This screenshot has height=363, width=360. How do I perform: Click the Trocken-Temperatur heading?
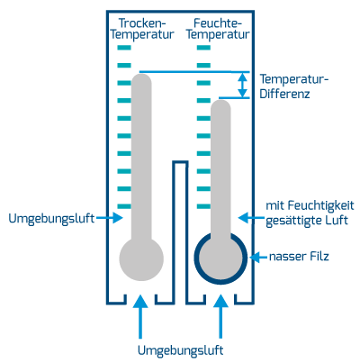pos(142,29)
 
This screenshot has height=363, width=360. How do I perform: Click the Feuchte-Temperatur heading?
pos(218,29)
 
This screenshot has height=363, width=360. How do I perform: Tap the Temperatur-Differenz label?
pos(294,86)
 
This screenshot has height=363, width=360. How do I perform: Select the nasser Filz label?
pos(299,257)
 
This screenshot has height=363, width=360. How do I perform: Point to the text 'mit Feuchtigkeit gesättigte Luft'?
pos(310,213)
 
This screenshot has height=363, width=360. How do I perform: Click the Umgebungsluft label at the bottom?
pos(180,350)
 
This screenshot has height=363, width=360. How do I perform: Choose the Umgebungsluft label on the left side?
pos(51,218)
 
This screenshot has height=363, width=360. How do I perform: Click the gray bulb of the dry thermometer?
pos(141,259)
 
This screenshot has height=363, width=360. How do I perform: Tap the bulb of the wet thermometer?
pos(220,259)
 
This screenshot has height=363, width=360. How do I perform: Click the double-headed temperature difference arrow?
pos(242,85)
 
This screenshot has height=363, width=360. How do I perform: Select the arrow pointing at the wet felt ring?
pos(258,257)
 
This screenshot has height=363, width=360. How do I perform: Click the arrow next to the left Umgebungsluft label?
pos(110,217)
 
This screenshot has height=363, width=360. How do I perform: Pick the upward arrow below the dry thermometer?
pos(140,316)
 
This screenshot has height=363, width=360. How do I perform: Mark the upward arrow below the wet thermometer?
pos(220,316)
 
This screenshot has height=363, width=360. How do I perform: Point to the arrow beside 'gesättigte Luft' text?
pos(251,217)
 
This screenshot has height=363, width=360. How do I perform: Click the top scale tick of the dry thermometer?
pos(124,48)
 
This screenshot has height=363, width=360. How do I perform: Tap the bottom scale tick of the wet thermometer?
pos(203,206)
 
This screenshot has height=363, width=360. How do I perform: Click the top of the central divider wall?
pos(180,162)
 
